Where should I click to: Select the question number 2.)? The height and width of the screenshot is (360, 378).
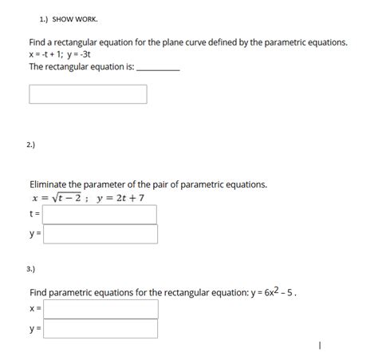(30, 144)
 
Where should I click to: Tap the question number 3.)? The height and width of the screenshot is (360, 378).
(30, 270)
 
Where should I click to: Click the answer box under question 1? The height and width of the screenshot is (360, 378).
(88, 94)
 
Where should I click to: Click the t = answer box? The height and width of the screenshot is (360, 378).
(100, 214)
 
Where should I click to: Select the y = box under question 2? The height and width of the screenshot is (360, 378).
(100, 234)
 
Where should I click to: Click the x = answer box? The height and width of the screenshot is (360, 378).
(100, 309)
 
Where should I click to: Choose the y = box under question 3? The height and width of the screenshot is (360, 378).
(100, 328)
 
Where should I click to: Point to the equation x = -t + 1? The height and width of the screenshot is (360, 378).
(49, 54)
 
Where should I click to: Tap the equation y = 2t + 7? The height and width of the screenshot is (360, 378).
(120, 199)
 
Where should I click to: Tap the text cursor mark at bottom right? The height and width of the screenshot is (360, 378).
(318, 346)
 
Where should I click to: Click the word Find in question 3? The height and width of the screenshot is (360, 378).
(40, 292)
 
